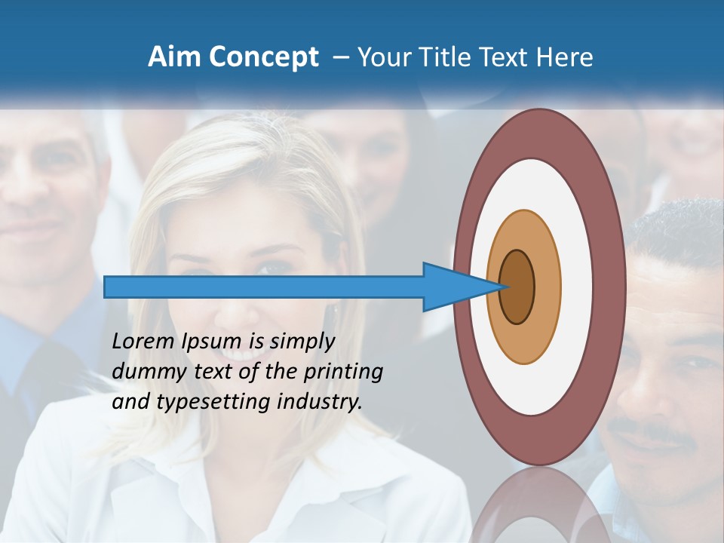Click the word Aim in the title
coord(172,57)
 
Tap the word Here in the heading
coord(565,57)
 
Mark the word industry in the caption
coord(320,403)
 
